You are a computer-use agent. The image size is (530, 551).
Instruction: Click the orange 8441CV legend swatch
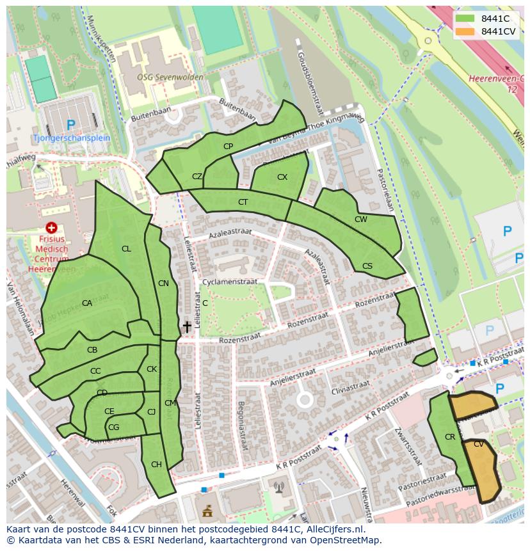tap(465, 31)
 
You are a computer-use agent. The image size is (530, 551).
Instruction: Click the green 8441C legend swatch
tap(465, 19)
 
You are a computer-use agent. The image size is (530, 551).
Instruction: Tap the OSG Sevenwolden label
tap(170, 77)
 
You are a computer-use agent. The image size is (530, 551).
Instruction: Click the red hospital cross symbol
tap(52, 227)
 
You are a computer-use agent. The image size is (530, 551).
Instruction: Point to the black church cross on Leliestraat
tap(187, 327)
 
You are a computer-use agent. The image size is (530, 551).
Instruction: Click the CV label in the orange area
tap(479, 443)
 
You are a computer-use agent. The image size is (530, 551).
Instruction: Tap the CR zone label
tap(449, 437)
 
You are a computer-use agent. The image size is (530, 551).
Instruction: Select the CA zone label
tap(87, 303)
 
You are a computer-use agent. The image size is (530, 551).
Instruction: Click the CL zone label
tap(126, 249)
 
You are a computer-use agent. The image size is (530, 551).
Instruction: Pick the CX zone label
tap(282, 177)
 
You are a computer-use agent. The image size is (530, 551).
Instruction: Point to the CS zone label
tap(367, 266)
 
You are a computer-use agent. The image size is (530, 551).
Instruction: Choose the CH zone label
tap(156, 465)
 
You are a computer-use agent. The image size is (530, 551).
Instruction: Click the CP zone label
tap(228, 147)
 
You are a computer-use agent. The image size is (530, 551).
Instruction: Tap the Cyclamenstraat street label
tap(229, 282)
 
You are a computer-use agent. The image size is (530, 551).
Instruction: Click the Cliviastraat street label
tap(351, 386)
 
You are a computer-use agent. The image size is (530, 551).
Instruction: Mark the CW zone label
tap(361, 220)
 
